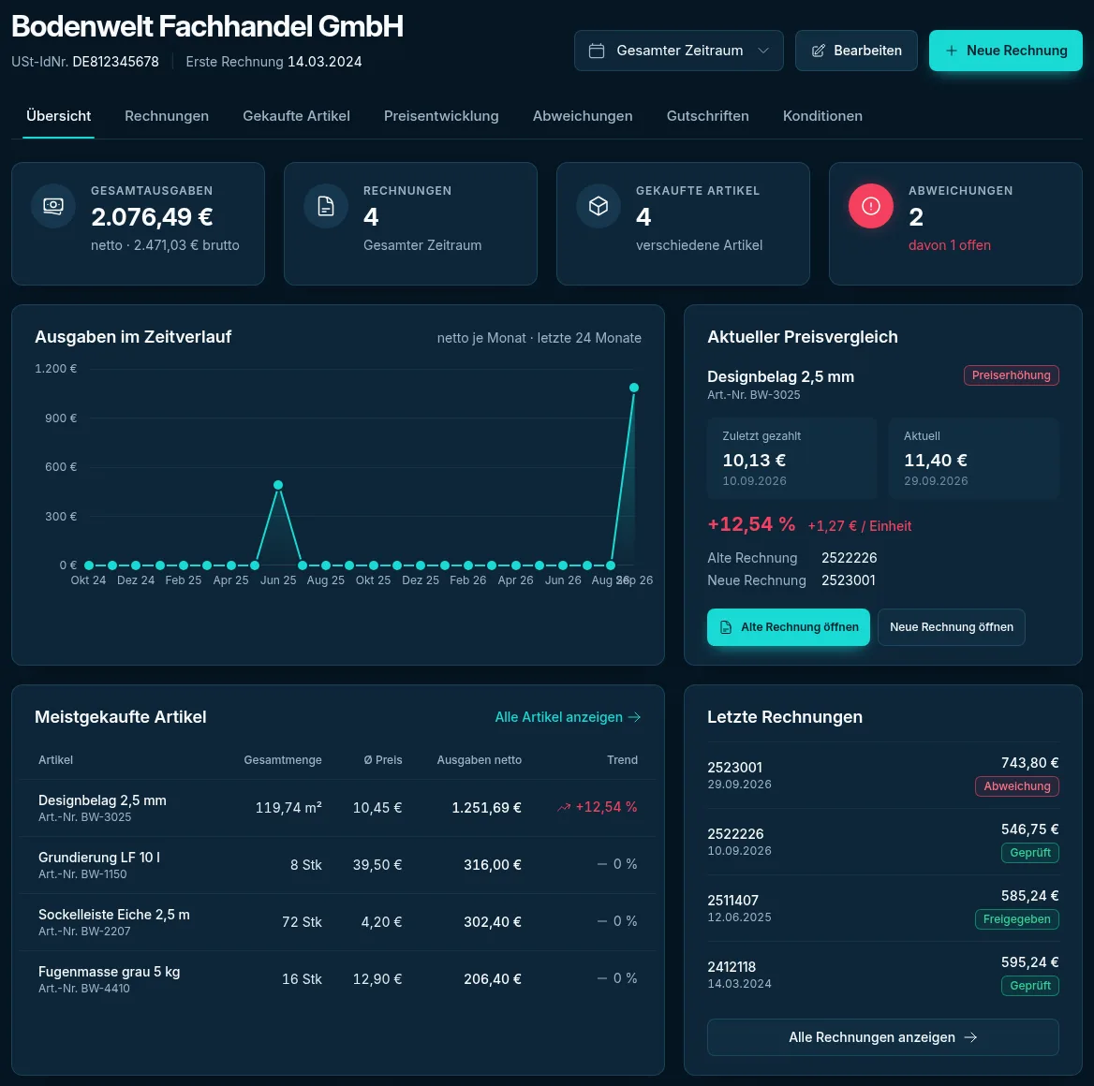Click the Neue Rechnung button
[x=1005, y=51]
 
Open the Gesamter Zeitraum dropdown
[x=678, y=51]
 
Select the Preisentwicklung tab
[x=441, y=116]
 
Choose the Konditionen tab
[x=821, y=116]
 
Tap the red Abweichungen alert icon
[x=871, y=206]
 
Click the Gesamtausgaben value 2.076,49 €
[x=152, y=217]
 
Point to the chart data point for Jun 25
[x=278, y=485]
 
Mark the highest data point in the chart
[x=634, y=388]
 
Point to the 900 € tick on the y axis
[x=61, y=418]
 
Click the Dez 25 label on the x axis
[x=420, y=580]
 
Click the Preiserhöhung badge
[x=1011, y=375]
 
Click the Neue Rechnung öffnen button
[x=951, y=627]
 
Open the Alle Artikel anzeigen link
[x=568, y=717]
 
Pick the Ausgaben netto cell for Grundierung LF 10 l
[x=492, y=865]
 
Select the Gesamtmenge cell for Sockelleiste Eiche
[x=302, y=922]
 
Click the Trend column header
[x=622, y=759]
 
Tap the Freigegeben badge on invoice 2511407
[x=1016, y=919]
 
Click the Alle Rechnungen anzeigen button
[x=882, y=1037]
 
